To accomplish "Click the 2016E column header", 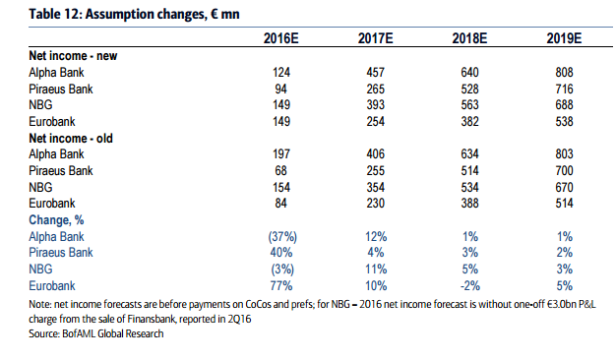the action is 280,38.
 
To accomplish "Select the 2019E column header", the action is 564,38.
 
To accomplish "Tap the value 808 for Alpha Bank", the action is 564,72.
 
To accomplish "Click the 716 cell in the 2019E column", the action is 564,89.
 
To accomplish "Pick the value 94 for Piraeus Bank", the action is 280,89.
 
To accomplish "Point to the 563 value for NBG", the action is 469,105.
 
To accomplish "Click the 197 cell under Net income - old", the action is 281,153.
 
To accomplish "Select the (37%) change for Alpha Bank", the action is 282,237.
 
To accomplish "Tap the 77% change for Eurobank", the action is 281,286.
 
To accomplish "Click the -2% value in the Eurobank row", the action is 469,286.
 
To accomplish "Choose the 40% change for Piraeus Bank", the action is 281,252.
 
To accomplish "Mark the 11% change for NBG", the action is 376,270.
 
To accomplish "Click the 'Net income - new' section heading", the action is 73,56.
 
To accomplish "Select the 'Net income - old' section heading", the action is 71,138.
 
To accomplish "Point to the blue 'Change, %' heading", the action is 56,220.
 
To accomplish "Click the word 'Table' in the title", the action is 43,14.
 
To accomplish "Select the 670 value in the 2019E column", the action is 564,187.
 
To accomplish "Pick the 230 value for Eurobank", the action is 376,204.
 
